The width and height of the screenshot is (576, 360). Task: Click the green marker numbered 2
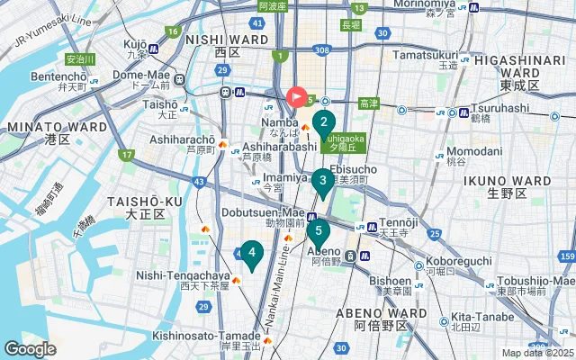click(324, 123)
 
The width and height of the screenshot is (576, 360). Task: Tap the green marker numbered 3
click(322, 181)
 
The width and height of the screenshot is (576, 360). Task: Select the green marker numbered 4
click(253, 254)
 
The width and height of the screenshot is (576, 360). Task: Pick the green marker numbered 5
click(318, 231)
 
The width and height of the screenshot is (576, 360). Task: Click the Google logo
click(31, 348)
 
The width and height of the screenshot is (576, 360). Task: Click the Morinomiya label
click(424, 5)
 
